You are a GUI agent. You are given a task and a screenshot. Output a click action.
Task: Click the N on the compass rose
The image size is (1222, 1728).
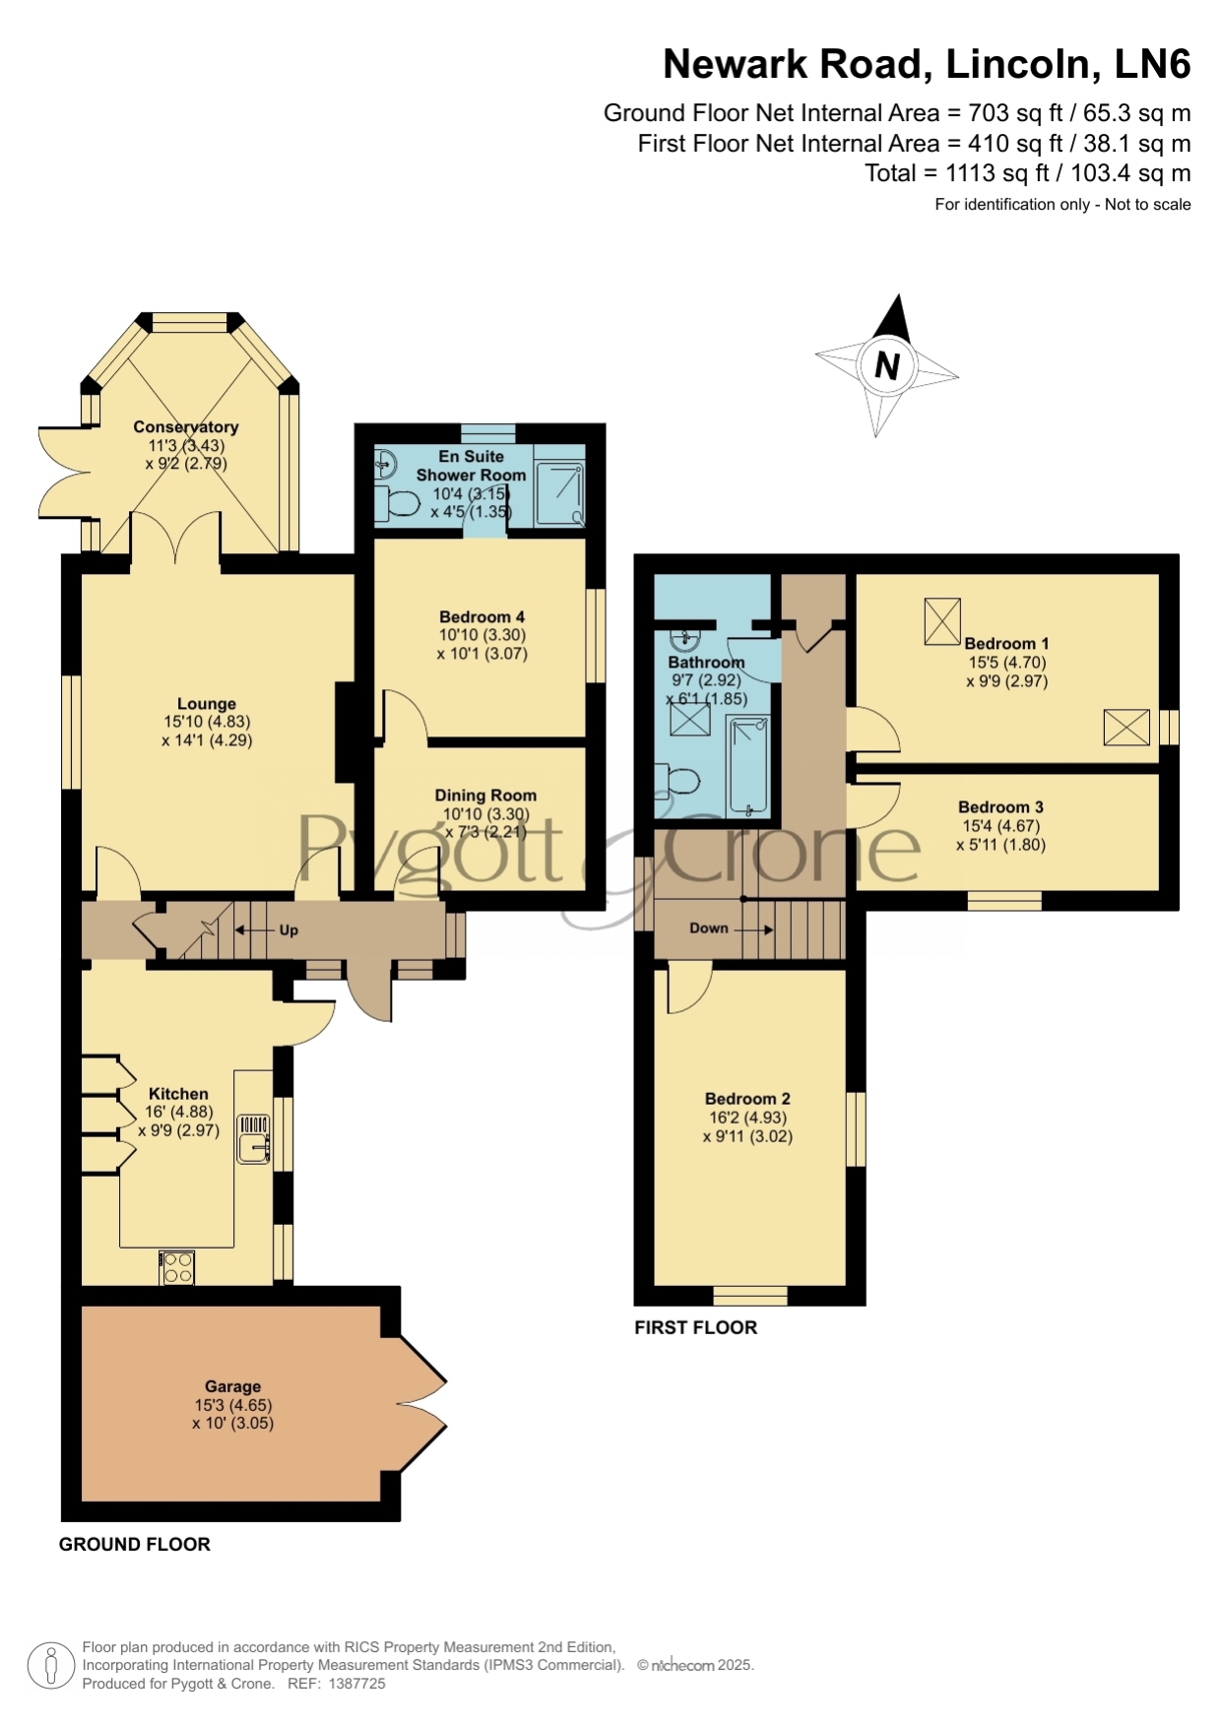pyautogui.click(x=887, y=365)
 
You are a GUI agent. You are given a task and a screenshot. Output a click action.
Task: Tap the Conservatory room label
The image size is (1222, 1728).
pyautogui.click(x=186, y=427)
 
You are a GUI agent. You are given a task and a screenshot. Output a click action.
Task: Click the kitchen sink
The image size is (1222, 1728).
pyautogui.click(x=254, y=1138)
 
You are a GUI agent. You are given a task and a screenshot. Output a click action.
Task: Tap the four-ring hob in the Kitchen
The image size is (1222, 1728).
pyautogui.click(x=177, y=1267)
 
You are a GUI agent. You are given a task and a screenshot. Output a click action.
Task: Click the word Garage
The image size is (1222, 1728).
pyautogui.click(x=233, y=1386)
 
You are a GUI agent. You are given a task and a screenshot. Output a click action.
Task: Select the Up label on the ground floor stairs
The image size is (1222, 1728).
pyautogui.click(x=289, y=929)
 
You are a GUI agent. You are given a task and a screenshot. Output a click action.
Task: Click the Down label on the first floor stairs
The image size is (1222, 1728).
pyautogui.click(x=709, y=928)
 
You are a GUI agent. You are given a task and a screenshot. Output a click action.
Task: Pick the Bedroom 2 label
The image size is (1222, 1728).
pyautogui.click(x=747, y=1099)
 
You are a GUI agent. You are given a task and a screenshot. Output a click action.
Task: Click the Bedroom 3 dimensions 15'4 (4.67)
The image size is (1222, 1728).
pyautogui.click(x=1000, y=826)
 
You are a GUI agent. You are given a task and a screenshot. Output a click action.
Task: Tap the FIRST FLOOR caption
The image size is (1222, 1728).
pyautogui.click(x=696, y=1327)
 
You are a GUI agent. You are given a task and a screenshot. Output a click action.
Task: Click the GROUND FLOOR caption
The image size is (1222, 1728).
pyautogui.click(x=135, y=1544)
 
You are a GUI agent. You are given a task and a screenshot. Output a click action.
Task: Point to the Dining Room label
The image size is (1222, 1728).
pyautogui.click(x=486, y=796)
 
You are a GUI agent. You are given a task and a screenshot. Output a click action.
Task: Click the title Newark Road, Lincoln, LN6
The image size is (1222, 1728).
pyautogui.click(x=927, y=64)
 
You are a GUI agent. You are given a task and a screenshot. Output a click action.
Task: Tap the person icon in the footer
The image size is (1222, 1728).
pyautogui.click(x=50, y=1666)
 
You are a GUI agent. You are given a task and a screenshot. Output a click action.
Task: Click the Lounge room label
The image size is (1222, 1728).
pyautogui.click(x=207, y=704)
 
